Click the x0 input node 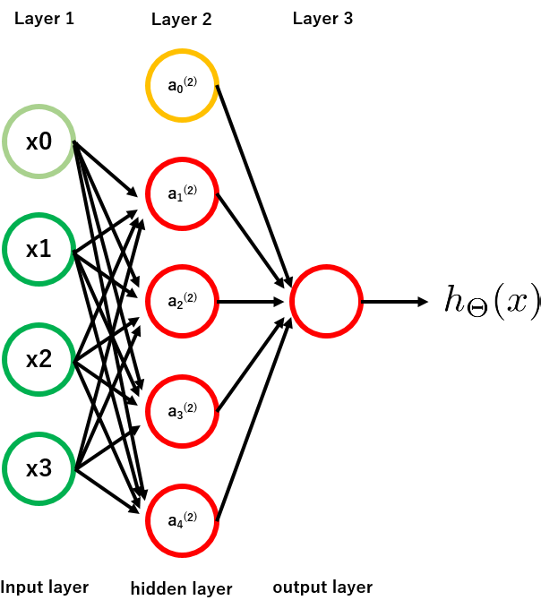pos(38,141)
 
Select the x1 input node pos(38,250)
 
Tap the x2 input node pos(38,360)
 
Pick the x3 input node pos(38,468)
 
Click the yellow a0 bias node pos(182,85)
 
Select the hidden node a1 pos(182,193)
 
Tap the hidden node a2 pos(182,301)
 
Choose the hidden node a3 pos(182,410)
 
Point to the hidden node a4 pos(182,519)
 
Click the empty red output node pos(326,301)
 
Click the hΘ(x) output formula pos(492,301)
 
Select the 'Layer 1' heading pos(44,19)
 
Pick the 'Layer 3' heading pos(322,19)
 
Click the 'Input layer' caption pos(44,587)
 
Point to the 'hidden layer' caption pos(182,588)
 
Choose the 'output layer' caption pos(322,587)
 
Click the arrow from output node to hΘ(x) pos(394,301)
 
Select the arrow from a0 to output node pos(253,184)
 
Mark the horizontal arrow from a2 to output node pos(253,301)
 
